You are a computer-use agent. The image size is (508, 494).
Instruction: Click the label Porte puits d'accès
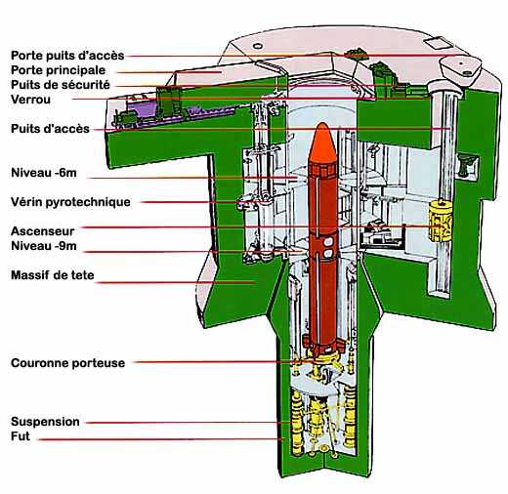[x=67, y=56]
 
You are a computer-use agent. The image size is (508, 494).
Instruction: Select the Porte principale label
[x=58, y=70]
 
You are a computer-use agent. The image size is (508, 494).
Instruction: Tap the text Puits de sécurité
[x=61, y=85]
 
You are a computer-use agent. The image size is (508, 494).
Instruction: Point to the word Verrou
[x=30, y=100]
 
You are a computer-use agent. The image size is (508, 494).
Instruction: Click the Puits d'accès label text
[x=50, y=129]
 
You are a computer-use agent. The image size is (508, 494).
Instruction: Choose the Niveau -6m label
[x=44, y=173]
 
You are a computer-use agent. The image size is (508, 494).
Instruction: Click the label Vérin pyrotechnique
[x=70, y=202]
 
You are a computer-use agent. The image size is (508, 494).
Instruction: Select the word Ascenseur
[x=43, y=231]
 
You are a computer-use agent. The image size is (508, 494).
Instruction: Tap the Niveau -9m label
[x=44, y=246]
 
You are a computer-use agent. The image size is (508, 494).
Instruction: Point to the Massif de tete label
[x=53, y=275]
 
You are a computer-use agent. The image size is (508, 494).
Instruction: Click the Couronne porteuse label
[x=67, y=363]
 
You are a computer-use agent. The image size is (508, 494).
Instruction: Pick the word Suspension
[x=45, y=422]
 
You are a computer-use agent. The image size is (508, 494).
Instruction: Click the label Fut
[x=21, y=436]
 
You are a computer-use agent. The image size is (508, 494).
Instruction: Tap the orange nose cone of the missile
[x=322, y=144]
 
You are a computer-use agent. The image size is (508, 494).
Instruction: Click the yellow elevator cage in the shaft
[x=441, y=221]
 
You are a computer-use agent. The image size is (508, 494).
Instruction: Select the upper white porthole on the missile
[x=328, y=241]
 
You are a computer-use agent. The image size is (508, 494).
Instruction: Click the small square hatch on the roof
[x=436, y=43]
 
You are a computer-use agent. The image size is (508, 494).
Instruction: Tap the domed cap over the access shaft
[x=460, y=66]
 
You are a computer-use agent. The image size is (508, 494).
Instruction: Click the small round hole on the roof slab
[x=257, y=46]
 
